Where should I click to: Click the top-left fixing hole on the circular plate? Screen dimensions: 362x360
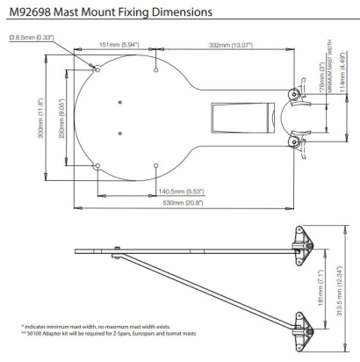[x=97, y=67]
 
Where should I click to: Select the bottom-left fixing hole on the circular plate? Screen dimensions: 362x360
[x=97, y=164]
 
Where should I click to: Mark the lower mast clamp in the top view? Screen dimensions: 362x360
[x=297, y=141]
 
